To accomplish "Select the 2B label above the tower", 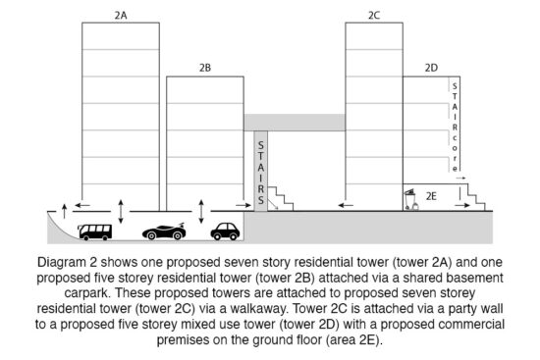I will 205,68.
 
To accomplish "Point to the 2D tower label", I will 431,68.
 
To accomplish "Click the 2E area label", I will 431,196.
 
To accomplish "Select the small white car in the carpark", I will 225,231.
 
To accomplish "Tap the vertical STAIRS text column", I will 260,172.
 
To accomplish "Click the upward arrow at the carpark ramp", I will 65,209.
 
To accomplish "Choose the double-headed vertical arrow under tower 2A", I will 121,210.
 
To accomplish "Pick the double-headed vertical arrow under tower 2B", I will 200,210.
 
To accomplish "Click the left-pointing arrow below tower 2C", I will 349,203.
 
